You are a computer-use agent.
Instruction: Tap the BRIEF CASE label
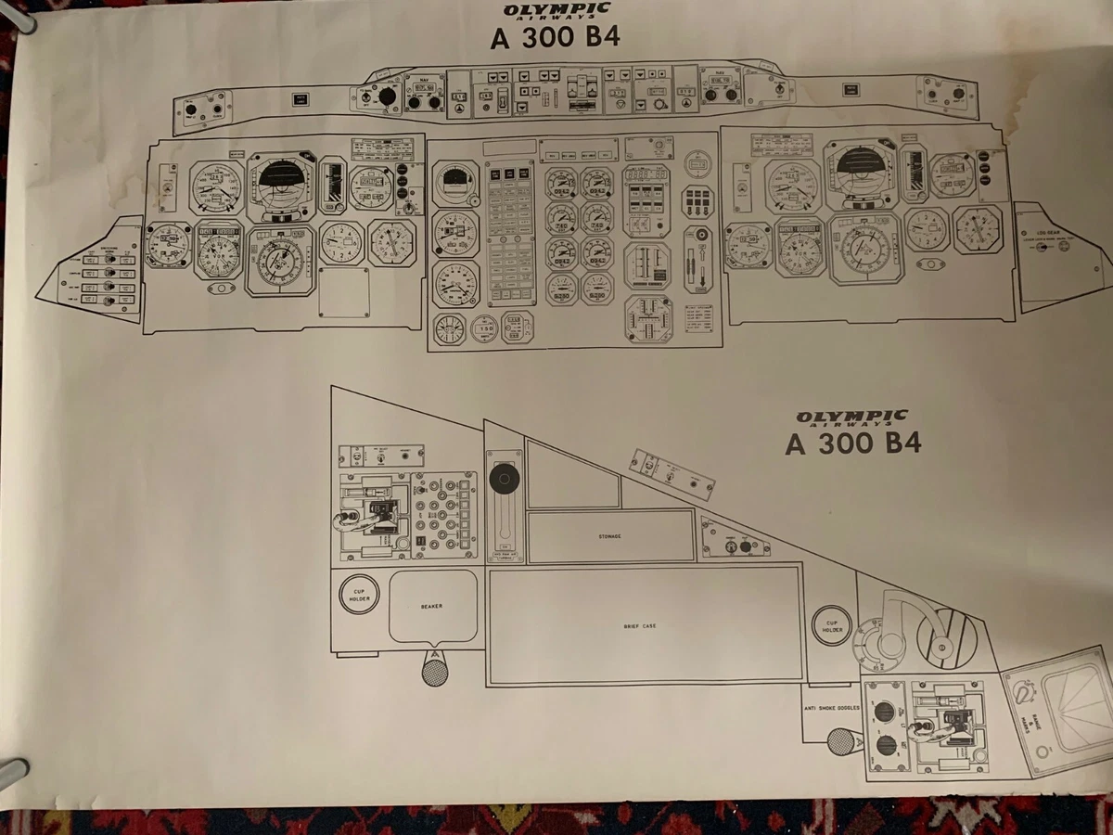(x=640, y=626)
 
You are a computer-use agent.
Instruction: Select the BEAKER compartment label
(x=431, y=606)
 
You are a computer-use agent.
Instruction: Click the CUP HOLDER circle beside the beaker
(x=359, y=595)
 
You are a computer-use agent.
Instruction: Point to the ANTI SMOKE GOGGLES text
(x=832, y=708)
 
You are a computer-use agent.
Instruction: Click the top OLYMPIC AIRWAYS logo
(x=556, y=12)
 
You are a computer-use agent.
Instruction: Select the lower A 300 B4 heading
(x=852, y=443)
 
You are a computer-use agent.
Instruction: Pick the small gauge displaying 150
(x=484, y=328)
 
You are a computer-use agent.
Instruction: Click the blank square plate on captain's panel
(x=344, y=292)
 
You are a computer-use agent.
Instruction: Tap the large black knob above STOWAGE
(x=505, y=479)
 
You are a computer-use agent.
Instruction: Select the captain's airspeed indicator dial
(x=216, y=186)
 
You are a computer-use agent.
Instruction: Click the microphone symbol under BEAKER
(x=434, y=667)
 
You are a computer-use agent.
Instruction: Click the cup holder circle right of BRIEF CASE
(x=832, y=625)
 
